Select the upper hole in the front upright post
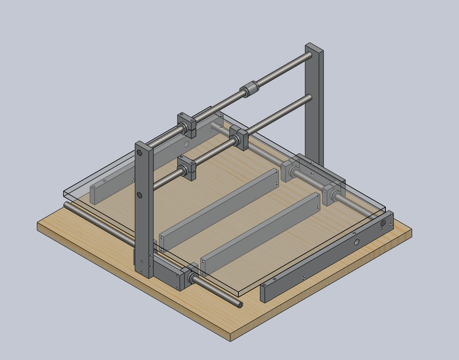pos(139,153)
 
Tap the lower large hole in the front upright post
pos(139,195)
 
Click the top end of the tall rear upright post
pos(314,47)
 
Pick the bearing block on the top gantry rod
pos(186,125)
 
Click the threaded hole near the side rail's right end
pos(383,223)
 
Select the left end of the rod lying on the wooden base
pos(67,205)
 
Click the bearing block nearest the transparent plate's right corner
pos(333,192)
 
